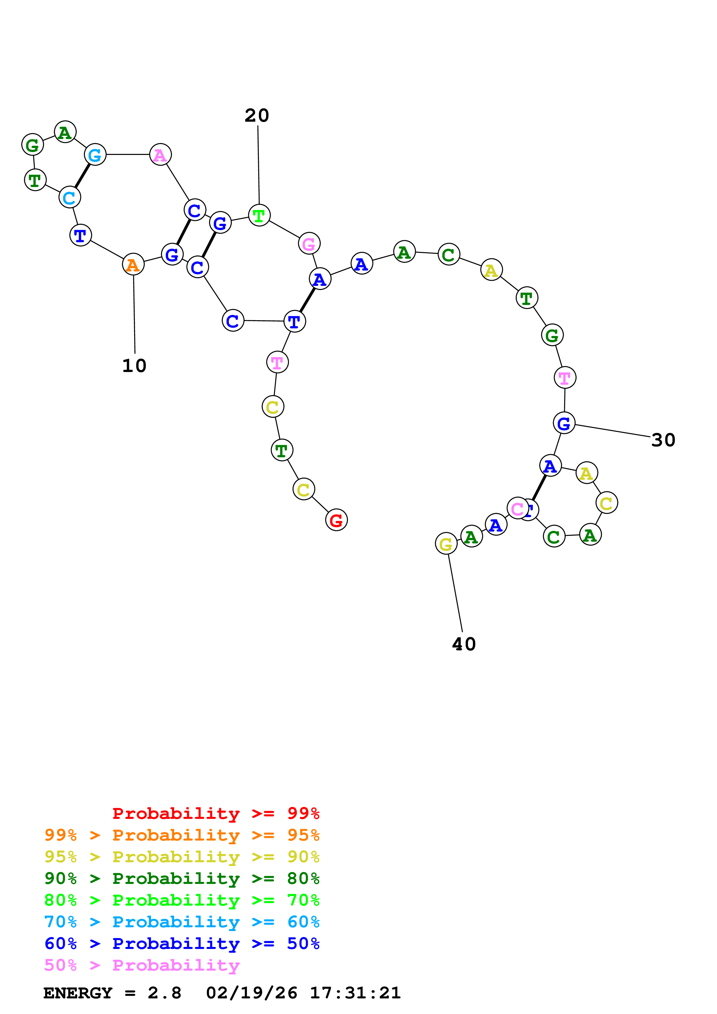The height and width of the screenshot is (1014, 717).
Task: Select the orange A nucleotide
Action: (133, 264)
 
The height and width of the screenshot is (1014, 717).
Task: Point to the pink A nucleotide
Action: (160, 155)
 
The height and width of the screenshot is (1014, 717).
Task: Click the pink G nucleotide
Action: (309, 243)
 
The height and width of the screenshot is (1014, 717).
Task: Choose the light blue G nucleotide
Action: (95, 155)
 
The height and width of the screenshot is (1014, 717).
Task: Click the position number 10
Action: (134, 366)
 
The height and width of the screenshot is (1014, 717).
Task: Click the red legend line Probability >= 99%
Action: (215, 813)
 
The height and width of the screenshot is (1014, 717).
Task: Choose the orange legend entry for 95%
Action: (182, 835)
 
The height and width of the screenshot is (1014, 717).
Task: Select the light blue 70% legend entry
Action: (182, 922)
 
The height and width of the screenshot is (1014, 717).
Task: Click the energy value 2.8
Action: (164, 993)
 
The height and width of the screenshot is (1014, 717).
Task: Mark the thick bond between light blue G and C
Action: (82, 176)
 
